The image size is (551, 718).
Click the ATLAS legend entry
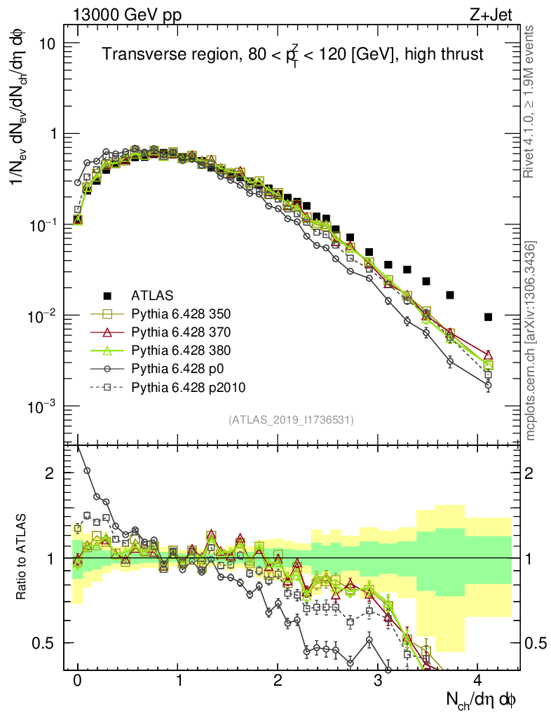(151, 295)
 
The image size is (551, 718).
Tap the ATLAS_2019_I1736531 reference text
(291, 420)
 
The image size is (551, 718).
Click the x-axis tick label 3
(378, 680)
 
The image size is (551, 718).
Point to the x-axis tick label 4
(478, 680)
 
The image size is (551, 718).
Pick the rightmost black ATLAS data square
(488, 317)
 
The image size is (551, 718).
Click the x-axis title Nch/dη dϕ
(483, 699)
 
